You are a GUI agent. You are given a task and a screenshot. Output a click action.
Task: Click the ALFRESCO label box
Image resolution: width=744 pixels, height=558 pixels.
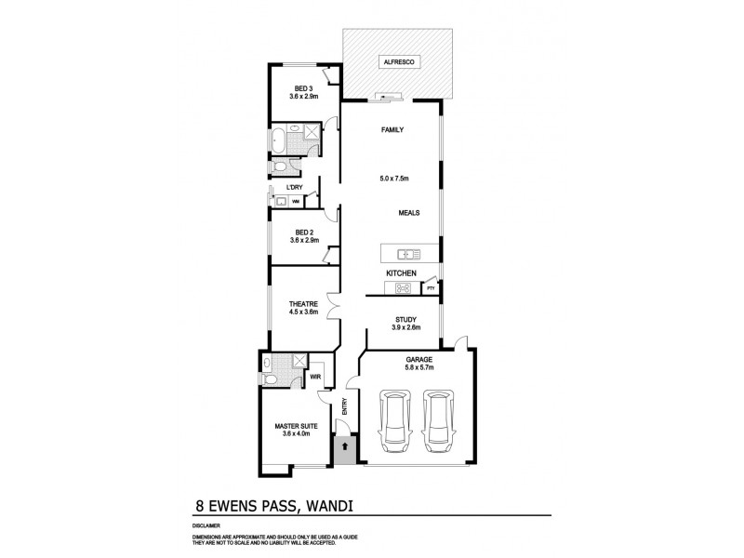point(398,62)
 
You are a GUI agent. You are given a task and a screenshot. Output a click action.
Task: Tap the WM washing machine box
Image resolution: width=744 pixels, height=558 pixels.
point(295,201)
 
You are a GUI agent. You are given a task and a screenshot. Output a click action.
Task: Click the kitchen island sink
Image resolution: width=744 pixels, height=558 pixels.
point(407,253)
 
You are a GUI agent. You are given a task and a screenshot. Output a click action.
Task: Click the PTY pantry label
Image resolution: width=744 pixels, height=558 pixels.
point(430,289)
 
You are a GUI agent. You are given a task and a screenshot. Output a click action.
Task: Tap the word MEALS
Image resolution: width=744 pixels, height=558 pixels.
point(408,212)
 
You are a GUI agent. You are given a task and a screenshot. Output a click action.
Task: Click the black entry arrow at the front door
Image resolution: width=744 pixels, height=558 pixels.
point(344,447)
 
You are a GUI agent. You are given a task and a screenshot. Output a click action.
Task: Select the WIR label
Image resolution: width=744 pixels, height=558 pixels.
point(315,378)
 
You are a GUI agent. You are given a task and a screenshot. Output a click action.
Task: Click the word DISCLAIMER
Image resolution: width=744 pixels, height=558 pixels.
point(207,525)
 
